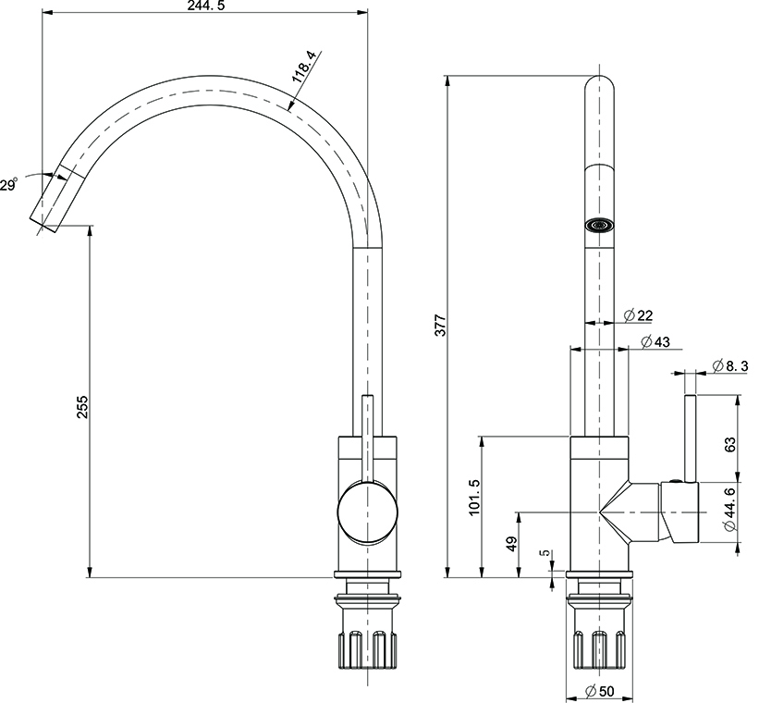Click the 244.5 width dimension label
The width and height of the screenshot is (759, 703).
point(206,6)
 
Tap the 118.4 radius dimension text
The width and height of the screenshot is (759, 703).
point(304,68)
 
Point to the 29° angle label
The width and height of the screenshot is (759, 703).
point(8,185)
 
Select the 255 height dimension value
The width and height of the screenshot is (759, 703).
point(82,407)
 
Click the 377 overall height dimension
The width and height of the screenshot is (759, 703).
point(440,326)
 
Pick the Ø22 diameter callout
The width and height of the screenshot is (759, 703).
point(638,316)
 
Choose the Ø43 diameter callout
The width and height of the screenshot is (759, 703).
point(655,341)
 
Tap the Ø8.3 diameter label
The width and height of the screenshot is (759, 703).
point(730,365)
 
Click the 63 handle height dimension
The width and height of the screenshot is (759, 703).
point(729,444)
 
